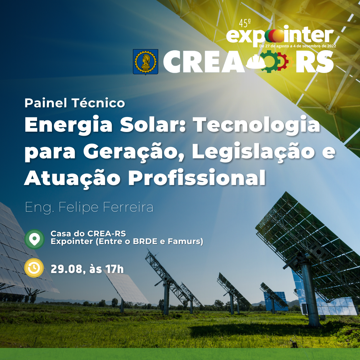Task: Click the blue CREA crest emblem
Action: [x=146, y=62]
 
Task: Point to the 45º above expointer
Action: [x=245, y=23]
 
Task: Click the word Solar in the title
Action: [x=153, y=124]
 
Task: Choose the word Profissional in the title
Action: [x=197, y=178]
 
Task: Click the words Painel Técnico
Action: [x=75, y=103]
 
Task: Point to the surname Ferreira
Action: [x=128, y=207]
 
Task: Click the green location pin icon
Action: [x=34, y=239]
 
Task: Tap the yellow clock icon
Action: [x=34, y=268]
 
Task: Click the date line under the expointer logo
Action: [x=297, y=46]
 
